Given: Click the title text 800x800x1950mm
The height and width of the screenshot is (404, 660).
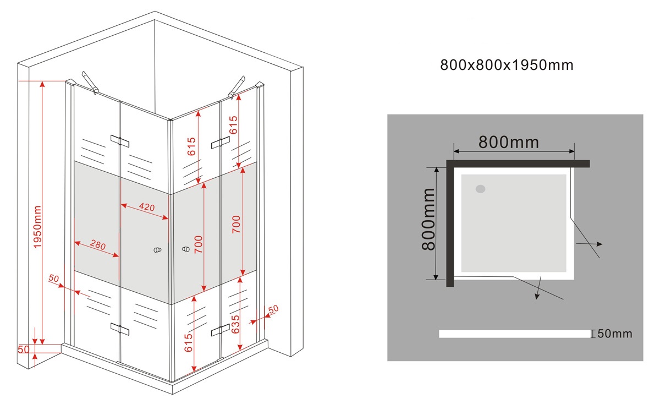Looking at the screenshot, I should point(507,65).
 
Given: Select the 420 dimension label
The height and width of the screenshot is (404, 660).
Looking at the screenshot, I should point(146,207).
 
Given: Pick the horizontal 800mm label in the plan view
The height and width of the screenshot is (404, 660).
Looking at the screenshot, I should point(508,142).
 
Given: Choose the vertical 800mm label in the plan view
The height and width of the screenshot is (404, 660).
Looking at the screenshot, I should point(428,219).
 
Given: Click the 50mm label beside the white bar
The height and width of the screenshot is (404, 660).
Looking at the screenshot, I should point(614,334).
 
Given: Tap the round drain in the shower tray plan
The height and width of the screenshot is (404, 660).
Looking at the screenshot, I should point(481,189).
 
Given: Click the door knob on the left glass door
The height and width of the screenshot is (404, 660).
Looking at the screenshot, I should point(158,250).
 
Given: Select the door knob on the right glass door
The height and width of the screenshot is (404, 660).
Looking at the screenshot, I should point(185,250).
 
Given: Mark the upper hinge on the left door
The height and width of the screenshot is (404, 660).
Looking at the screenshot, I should point(119,141).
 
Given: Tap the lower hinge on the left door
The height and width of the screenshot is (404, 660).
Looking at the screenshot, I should point(119,329).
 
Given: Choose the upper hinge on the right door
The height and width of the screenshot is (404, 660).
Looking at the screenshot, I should point(220,143).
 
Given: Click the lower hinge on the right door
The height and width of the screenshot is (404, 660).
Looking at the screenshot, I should point(220,330).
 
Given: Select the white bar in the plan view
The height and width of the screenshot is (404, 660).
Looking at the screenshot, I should point(514,334).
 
